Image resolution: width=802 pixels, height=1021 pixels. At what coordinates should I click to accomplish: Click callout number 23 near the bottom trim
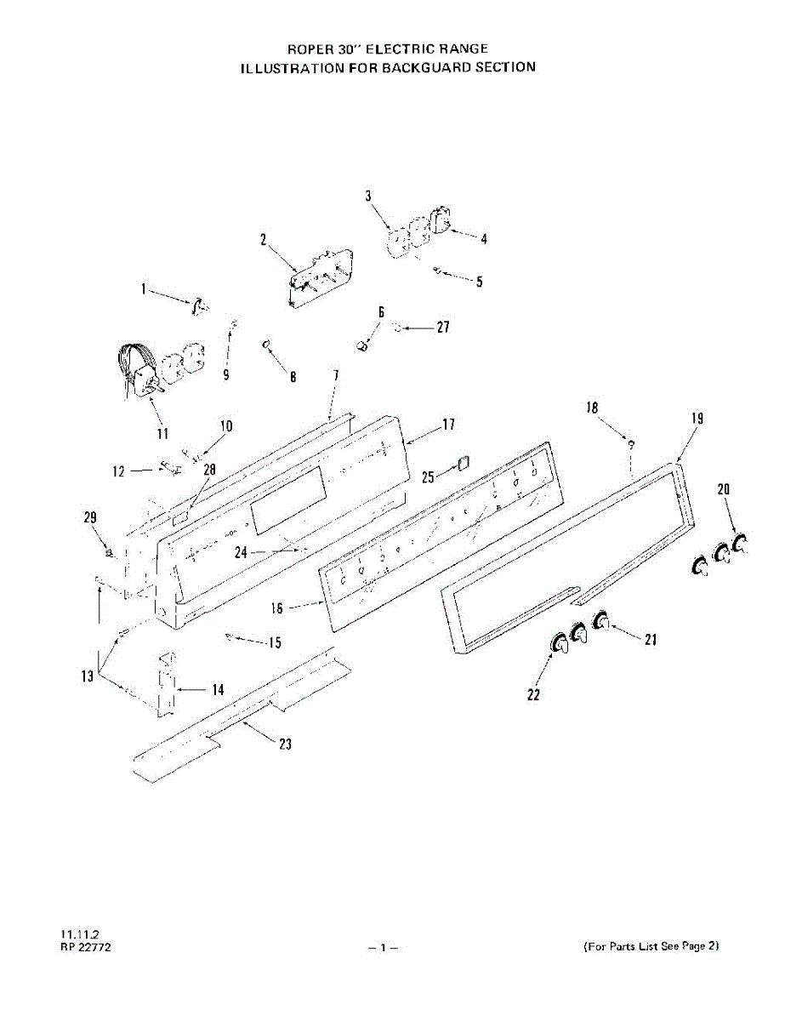coord(286,744)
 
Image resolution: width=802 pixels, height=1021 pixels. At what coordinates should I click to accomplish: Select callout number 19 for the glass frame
coord(697,418)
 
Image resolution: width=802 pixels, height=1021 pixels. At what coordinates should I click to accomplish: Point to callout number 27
coord(442,327)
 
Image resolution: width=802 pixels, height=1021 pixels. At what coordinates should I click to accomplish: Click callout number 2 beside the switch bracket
coord(264,240)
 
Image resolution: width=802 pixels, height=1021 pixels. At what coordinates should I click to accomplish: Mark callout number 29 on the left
coord(90,517)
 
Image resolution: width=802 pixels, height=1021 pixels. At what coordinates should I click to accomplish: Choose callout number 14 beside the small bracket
coord(219,690)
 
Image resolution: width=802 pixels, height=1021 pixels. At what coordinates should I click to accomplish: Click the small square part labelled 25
coord(464,463)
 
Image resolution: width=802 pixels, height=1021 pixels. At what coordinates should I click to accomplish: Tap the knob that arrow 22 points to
coord(558,646)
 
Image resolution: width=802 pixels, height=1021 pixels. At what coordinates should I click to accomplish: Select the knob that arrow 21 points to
coord(602,623)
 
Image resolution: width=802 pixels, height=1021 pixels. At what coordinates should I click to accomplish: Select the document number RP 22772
coord(85,946)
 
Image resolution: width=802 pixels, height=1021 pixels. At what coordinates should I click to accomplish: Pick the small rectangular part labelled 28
coord(179,516)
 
